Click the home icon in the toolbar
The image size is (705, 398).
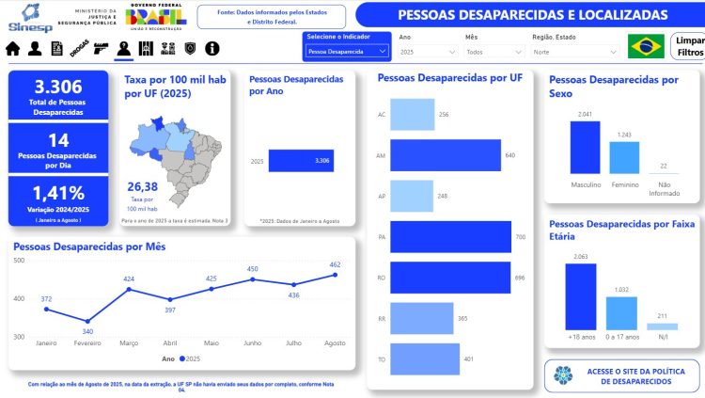click(13, 48)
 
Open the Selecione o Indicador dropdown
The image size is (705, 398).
click(347, 52)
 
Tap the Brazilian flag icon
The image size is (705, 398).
click(646, 46)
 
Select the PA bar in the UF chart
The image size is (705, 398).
click(449, 237)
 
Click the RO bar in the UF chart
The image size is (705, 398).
click(449, 278)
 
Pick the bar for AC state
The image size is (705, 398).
click(411, 115)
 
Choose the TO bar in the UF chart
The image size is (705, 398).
click(424, 358)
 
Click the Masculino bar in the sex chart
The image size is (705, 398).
click(585, 147)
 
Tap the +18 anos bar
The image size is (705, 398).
click(580, 295)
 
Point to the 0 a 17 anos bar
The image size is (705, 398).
click(620, 311)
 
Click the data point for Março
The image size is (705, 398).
click(129, 289)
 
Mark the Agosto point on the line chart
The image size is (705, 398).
click(335, 275)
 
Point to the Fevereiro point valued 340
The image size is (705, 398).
click(87, 321)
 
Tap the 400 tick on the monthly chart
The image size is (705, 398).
click(19, 298)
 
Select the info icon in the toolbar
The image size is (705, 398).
click(212, 48)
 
